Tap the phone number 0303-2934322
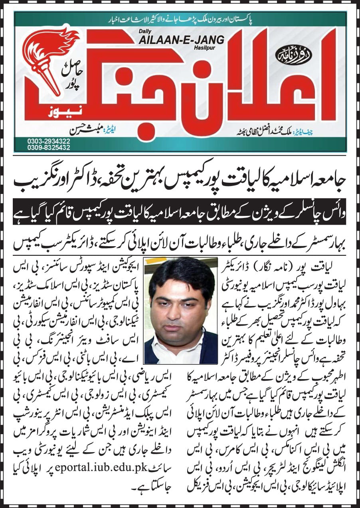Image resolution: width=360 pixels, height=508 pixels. (x=44, y=140)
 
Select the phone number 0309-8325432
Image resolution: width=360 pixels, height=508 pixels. (x=44, y=147)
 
